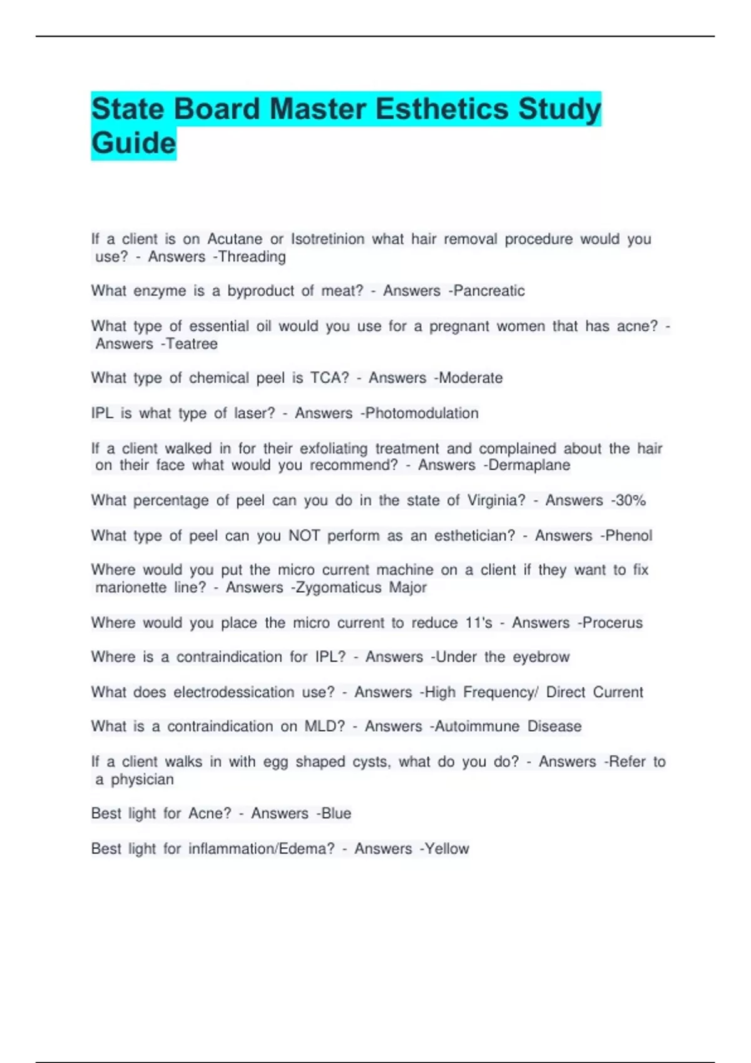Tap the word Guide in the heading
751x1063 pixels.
click(133, 144)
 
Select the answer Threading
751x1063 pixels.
click(252, 257)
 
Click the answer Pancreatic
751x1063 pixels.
click(489, 291)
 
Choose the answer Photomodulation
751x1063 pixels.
click(421, 413)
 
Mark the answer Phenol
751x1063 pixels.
click(628, 536)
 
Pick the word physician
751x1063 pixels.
click(142, 780)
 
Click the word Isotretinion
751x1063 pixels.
click(327, 239)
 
